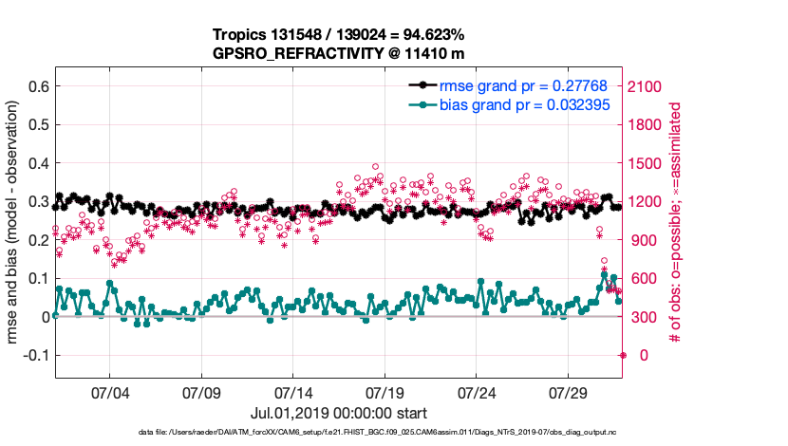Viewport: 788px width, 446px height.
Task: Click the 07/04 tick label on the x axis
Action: [108, 391]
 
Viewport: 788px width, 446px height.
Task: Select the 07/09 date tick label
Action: [200, 391]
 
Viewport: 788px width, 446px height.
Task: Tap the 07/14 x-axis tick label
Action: [292, 391]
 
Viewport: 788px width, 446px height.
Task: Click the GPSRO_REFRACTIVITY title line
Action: [338, 53]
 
